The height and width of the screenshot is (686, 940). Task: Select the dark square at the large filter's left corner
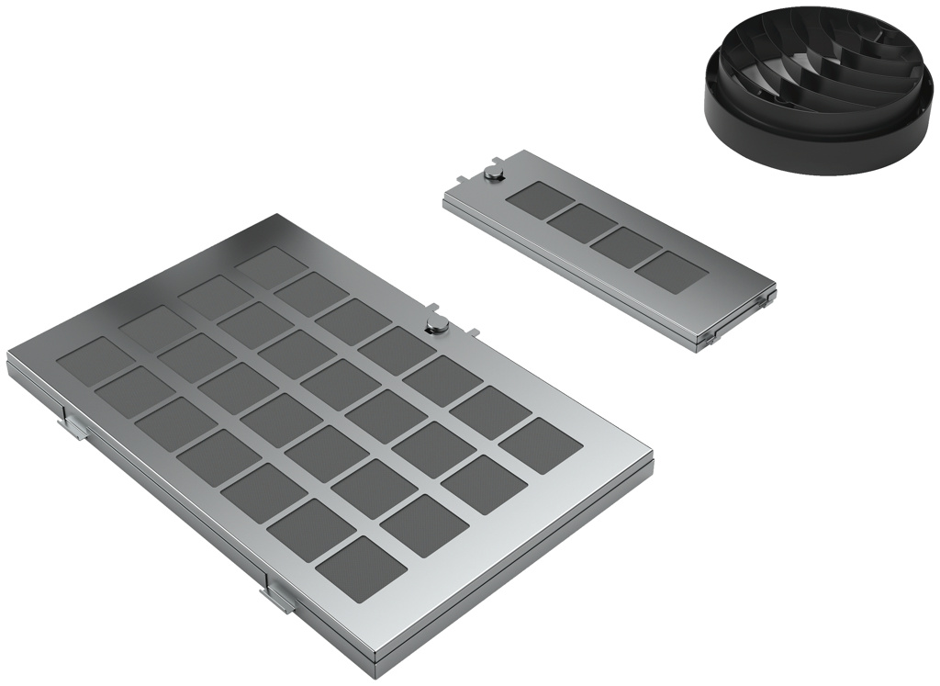[x=95, y=359]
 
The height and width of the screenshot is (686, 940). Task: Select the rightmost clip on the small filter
[x=764, y=299]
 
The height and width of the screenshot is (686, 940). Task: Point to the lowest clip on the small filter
[x=710, y=340]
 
